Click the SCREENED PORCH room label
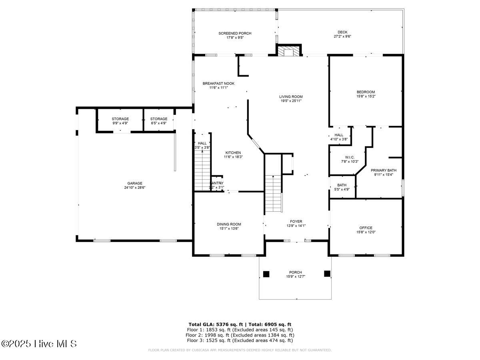235,33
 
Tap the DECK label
342,32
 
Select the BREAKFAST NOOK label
218,83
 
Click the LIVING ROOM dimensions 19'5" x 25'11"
291,101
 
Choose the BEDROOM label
366,92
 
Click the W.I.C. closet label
349,157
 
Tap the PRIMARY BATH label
383,170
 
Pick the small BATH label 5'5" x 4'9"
342,185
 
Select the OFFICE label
366,228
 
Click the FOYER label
296,221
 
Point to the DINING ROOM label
229,224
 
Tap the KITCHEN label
233,152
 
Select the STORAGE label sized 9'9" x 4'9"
120,119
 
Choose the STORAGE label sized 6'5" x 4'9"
159,119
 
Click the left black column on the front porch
266,274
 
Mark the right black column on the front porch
327,274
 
